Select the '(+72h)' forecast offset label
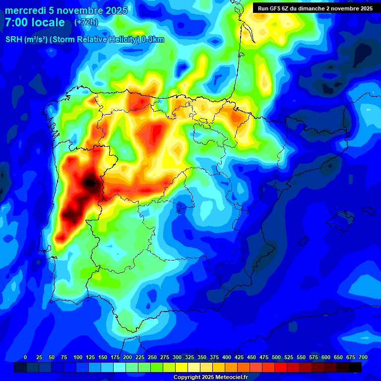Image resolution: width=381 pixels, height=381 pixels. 86,22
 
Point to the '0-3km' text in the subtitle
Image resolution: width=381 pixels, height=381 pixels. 153,40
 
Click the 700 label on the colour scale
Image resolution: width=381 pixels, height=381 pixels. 363,358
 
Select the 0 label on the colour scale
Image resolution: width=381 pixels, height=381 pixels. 25,358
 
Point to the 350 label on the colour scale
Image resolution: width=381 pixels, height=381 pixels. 202,358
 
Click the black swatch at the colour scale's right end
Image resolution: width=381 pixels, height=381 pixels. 355,367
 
